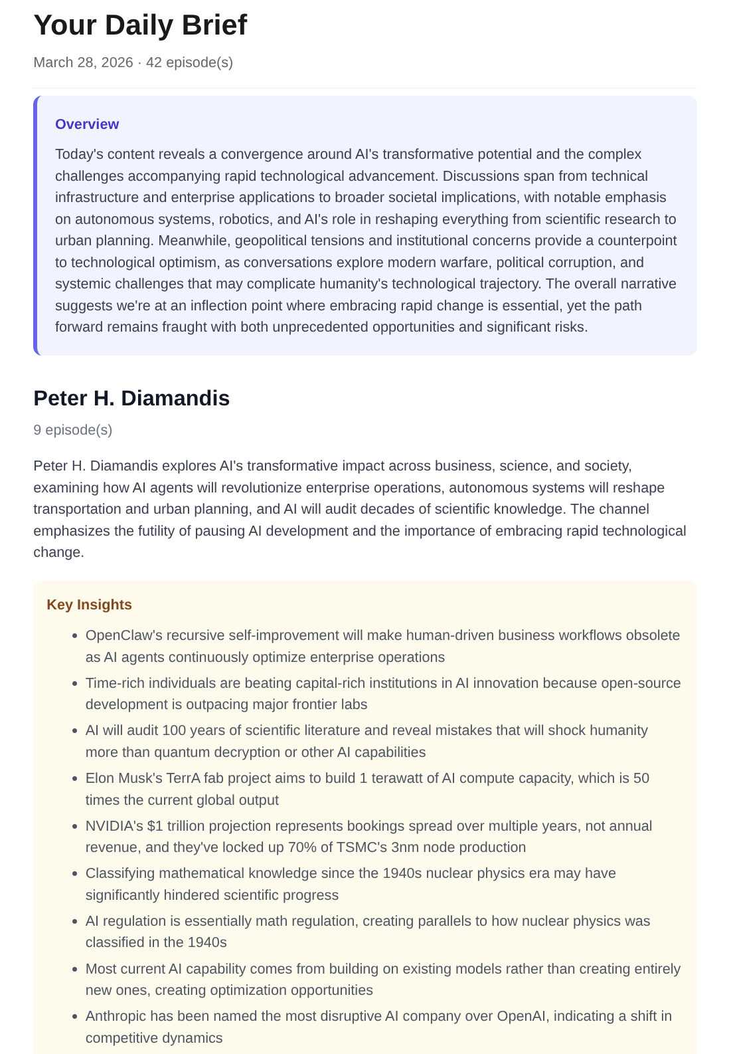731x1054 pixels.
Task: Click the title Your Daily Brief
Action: [140, 25]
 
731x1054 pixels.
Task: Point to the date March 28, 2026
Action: [83, 62]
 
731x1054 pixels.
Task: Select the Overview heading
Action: [87, 124]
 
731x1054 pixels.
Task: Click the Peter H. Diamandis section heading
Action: [131, 398]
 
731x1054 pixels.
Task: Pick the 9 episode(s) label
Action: [73, 430]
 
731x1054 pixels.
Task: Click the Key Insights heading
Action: [89, 605]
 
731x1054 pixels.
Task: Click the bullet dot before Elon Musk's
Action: [75, 778]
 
